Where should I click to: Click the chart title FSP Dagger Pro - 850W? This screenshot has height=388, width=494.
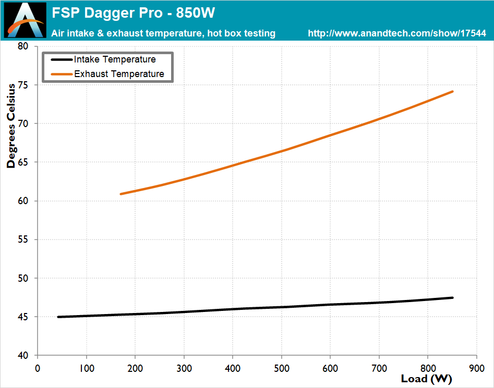(x=133, y=12)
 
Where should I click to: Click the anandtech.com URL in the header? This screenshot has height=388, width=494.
(x=397, y=33)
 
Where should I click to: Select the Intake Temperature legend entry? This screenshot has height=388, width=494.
(x=115, y=59)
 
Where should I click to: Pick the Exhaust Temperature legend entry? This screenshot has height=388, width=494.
(x=119, y=74)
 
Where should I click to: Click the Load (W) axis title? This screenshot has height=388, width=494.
(x=426, y=379)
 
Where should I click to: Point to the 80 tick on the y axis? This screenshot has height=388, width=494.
(x=24, y=46)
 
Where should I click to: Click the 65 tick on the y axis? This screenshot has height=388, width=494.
(x=24, y=162)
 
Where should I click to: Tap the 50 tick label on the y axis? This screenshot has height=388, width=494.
(x=24, y=278)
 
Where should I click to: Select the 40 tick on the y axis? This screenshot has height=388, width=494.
(x=24, y=356)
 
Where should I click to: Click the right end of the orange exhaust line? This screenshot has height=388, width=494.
(x=452, y=92)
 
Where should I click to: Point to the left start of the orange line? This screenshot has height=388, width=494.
(x=121, y=194)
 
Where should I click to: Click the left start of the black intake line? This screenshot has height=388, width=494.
(x=58, y=317)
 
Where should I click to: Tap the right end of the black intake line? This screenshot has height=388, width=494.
(x=452, y=297)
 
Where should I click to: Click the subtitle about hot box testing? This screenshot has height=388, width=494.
(x=163, y=33)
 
